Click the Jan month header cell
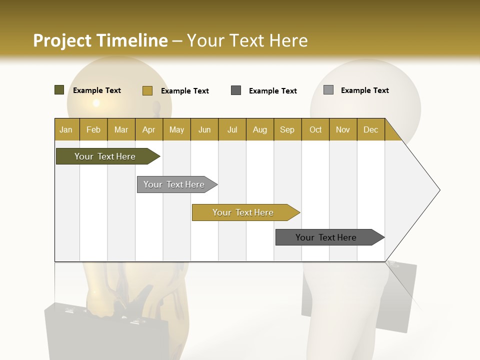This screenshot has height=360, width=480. pyautogui.click(x=66, y=129)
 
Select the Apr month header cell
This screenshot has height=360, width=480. pyautogui.click(x=149, y=129)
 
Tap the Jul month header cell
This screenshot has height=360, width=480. pyautogui.click(x=232, y=129)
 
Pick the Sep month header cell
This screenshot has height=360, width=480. pyautogui.click(x=287, y=129)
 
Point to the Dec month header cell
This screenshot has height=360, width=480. pyautogui.click(x=370, y=129)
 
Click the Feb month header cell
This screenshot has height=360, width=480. pyautogui.click(x=93, y=129)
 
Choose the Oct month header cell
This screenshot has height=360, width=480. pyautogui.click(x=315, y=129)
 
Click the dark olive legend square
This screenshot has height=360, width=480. pyautogui.click(x=59, y=90)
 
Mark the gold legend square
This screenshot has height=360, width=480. pyautogui.click(x=147, y=90)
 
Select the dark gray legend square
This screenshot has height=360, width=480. pyautogui.click(x=236, y=90)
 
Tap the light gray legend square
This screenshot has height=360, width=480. pyautogui.click(x=328, y=90)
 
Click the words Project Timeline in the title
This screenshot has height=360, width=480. pyautogui.click(x=100, y=40)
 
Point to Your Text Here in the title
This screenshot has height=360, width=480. pyautogui.click(x=247, y=40)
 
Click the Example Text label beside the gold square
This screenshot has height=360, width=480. pyautogui.click(x=184, y=91)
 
